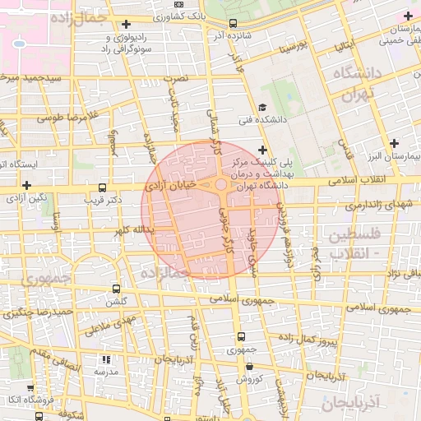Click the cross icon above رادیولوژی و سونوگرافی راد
[x=125, y=24]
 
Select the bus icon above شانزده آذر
[x=233, y=23]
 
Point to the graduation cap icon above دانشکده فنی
[x=261, y=107]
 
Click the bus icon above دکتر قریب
[x=102, y=187]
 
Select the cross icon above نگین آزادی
[x=27, y=186]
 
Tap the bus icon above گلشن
[x=115, y=289]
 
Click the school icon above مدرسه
[x=104, y=359]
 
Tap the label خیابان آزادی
[x=173, y=187]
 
